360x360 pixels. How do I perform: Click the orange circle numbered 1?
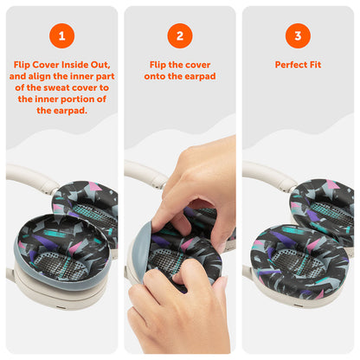point(61,36)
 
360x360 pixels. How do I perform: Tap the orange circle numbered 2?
point(180,36)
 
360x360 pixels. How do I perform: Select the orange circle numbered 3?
point(298,36)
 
